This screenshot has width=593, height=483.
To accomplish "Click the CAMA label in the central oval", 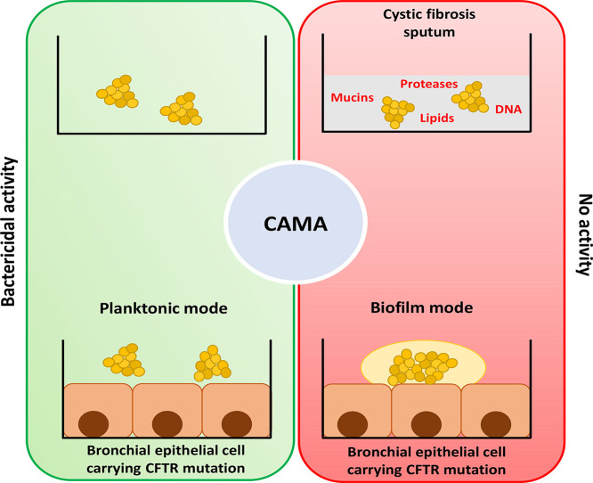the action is pos(296,224).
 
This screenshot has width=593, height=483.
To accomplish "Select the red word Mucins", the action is pos(352,98).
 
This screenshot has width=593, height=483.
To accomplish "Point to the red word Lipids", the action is pos(437,119).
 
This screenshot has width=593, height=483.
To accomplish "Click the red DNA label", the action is pos(508,110).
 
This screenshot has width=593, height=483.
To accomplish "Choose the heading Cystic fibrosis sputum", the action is pos(429,23).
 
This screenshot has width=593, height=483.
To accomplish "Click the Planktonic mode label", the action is pos(163,308).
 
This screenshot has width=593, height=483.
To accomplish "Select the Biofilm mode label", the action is pos(422,307).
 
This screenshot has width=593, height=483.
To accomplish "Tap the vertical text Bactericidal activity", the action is pos(8,232).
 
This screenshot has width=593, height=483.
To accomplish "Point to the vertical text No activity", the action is pos(585,234).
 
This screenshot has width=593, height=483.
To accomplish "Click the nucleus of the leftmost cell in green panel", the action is pos(93,424).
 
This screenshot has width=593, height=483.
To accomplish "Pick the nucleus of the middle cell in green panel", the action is pos(167,424).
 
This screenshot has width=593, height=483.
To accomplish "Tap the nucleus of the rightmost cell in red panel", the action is pos(496,424).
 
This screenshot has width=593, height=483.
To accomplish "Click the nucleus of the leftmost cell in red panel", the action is pos(353,424).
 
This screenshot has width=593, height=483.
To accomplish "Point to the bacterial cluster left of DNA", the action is pos(470,97).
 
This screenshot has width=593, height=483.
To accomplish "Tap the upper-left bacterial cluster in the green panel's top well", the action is pos(118,91).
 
